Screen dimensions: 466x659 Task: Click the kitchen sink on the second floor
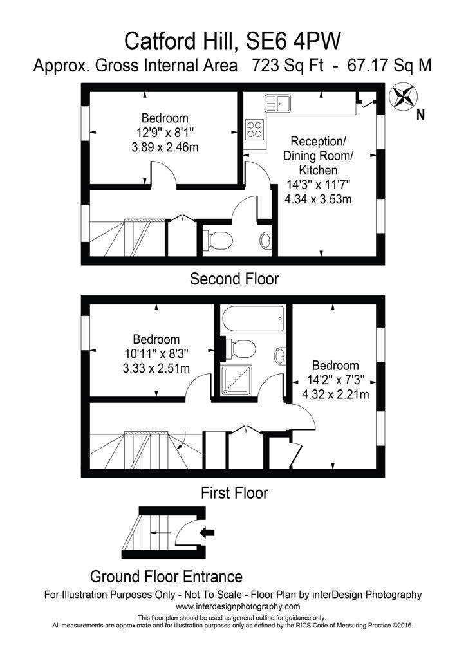[x=277, y=103]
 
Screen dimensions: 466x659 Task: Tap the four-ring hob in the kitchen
[x=255, y=129]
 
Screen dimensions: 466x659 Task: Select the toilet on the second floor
[x=218, y=241]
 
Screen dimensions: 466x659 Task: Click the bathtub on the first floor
[x=253, y=319]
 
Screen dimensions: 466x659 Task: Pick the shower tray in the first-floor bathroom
[x=236, y=380]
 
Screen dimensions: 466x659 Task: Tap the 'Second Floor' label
[x=234, y=279]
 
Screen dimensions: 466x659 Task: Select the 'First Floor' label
[x=234, y=492]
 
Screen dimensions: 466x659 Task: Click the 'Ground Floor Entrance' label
[x=167, y=576]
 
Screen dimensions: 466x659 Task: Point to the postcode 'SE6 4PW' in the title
[x=294, y=42]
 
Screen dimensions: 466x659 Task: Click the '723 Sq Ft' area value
[x=288, y=66]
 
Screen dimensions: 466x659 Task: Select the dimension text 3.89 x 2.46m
[x=165, y=147]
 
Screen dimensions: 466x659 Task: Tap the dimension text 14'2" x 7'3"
[x=336, y=380]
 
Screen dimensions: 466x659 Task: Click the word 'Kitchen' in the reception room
[x=318, y=170]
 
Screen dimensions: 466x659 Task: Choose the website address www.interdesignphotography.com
[x=238, y=606]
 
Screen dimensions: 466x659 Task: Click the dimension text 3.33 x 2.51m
[x=156, y=369]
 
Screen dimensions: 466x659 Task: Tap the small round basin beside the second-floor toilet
[x=265, y=241]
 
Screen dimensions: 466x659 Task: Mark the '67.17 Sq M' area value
[x=389, y=66]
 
